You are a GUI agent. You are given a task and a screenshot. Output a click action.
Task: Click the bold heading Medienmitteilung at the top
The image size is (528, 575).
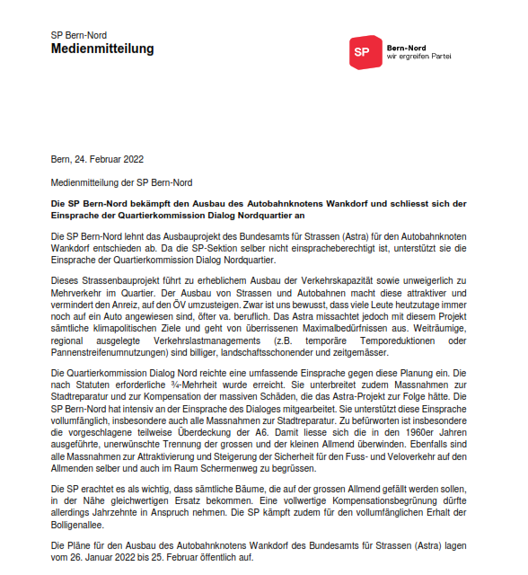coord(102,49)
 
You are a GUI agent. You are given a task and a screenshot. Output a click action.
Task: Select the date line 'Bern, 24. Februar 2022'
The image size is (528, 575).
coord(97,160)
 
